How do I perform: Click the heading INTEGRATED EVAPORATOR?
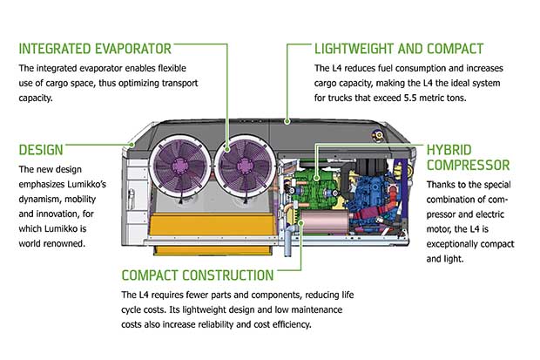(x=95, y=47)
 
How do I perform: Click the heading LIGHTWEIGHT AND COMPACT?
(x=400, y=47)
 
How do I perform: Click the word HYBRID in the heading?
(x=453, y=148)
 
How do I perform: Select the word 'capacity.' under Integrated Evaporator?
(x=37, y=98)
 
